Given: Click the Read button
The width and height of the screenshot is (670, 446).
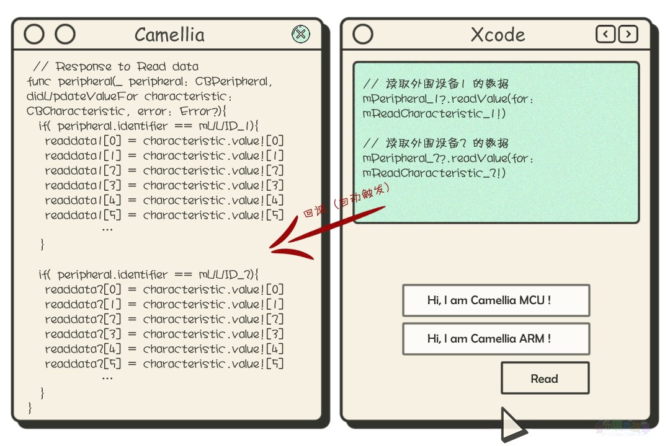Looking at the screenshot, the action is [545, 378].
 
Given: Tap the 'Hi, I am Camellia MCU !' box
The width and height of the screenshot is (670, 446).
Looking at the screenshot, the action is [496, 300].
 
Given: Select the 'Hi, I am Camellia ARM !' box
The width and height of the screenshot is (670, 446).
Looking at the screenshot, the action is [496, 339].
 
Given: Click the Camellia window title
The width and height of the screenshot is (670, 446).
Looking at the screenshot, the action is [169, 35].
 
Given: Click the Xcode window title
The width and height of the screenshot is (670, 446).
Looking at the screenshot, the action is [498, 35].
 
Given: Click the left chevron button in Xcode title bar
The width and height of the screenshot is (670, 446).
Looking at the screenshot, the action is [605, 34].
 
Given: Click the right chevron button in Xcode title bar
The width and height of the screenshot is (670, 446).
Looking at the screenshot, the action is [628, 34].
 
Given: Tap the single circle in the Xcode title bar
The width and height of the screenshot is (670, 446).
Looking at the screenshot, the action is [363, 34].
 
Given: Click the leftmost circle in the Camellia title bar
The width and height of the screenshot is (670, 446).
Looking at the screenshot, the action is [34, 34].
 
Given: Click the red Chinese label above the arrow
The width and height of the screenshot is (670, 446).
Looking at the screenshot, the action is [346, 199].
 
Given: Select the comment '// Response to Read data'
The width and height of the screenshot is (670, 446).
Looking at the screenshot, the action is [116, 66].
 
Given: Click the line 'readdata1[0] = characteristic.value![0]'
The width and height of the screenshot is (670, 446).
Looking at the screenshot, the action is [164, 141].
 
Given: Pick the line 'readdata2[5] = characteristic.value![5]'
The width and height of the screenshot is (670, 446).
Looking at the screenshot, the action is [164, 364].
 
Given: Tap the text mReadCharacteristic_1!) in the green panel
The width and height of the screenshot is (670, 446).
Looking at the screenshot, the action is [434, 113].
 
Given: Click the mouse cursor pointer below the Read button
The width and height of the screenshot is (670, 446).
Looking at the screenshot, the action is [513, 425].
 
